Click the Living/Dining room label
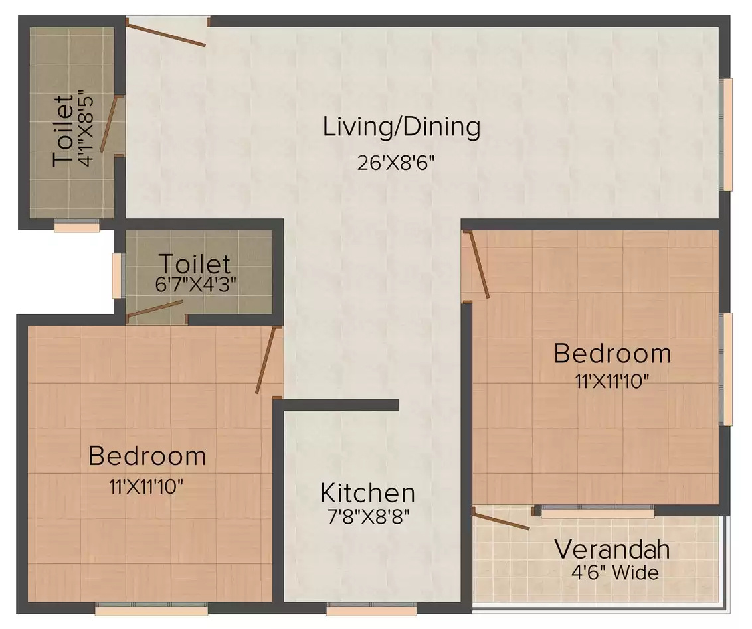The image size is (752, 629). pyautogui.click(x=401, y=127)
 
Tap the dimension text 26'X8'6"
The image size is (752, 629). pyautogui.click(x=396, y=163)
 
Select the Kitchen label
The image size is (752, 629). pyautogui.click(x=367, y=493)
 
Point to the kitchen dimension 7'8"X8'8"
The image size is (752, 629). pyautogui.click(x=368, y=517)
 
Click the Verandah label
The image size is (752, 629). pyautogui.click(x=612, y=549)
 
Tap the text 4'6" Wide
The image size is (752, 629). pyautogui.click(x=615, y=573)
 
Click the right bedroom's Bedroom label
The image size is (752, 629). pyautogui.click(x=612, y=354)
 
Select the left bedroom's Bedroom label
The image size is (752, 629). pyautogui.click(x=147, y=456)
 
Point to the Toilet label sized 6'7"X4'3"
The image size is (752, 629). pyautogui.click(x=195, y=264)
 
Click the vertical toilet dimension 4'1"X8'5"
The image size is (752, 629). pyautogui.click(x=87, y=129)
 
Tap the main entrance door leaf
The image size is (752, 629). pyautogui.click(x=166, y=33)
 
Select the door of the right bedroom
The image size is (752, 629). pyautogui.click(x=478, y=264)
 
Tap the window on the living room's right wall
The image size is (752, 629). pyautogui.click(x=727, y=135)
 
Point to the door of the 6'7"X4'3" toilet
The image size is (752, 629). pyautogui.click(x=155, y=309)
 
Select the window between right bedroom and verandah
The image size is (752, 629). pyautogui.click(x=598, y=512)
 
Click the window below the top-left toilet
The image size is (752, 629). pyautogui.click(x=77, y=226)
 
